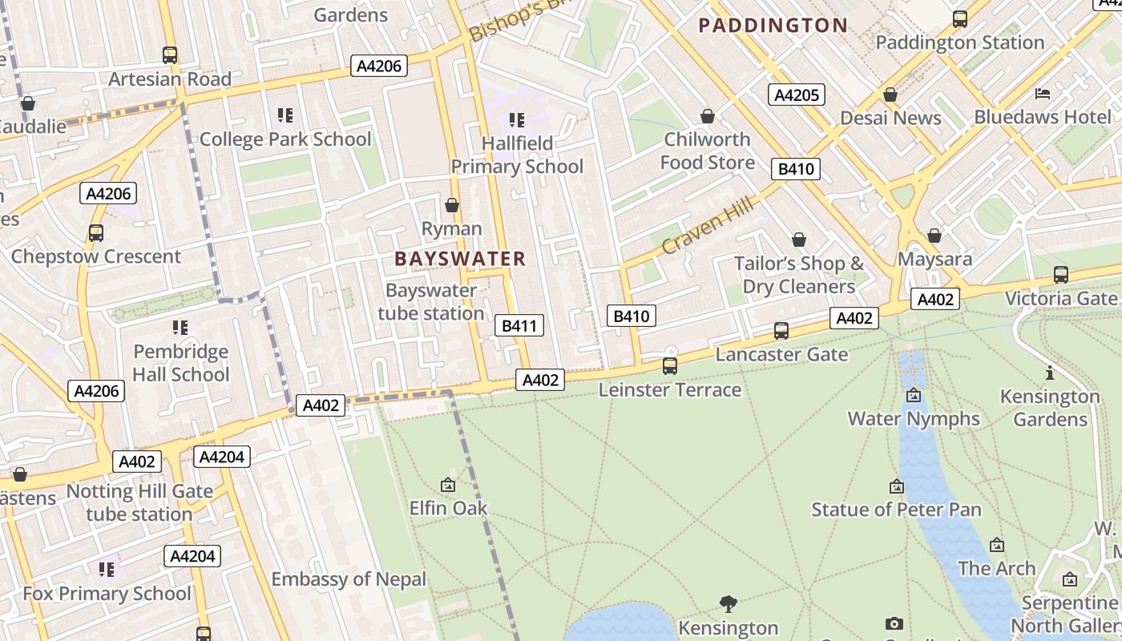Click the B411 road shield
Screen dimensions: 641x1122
click(x=519, y=325)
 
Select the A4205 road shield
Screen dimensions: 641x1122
click(x=796, y=95)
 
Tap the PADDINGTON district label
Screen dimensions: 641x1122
click(x=773, y=26)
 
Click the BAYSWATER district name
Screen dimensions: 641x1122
click(x=460, y=259)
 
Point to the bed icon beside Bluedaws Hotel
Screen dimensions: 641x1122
click(x=1043, y=94)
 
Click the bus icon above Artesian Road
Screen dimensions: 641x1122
click(x=169, y=55)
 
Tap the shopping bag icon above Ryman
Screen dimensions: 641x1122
click(x=452, y=205)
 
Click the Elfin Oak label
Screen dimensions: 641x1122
click(x=448, y=508)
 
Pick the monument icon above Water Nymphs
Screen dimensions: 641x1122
click(x=914, y=395)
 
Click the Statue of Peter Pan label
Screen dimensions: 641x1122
click(x=896, y=510)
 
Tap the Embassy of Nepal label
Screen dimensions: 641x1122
click(x=349, y=579)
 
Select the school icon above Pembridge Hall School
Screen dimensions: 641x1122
click(x=180, y=328)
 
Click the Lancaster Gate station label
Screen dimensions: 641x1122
click(x=781, y=354)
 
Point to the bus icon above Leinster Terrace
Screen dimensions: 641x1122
click(x=669, y=366)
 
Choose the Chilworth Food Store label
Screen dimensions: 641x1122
click(x=707, y=151)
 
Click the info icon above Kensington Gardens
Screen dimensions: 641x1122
click(x=1050, y=373)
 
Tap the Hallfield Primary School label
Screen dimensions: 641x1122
click(x=517, y=155)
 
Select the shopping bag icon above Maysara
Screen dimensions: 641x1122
click(x=934, y=236)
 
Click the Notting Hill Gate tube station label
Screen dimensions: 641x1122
click(x=139, y=502)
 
